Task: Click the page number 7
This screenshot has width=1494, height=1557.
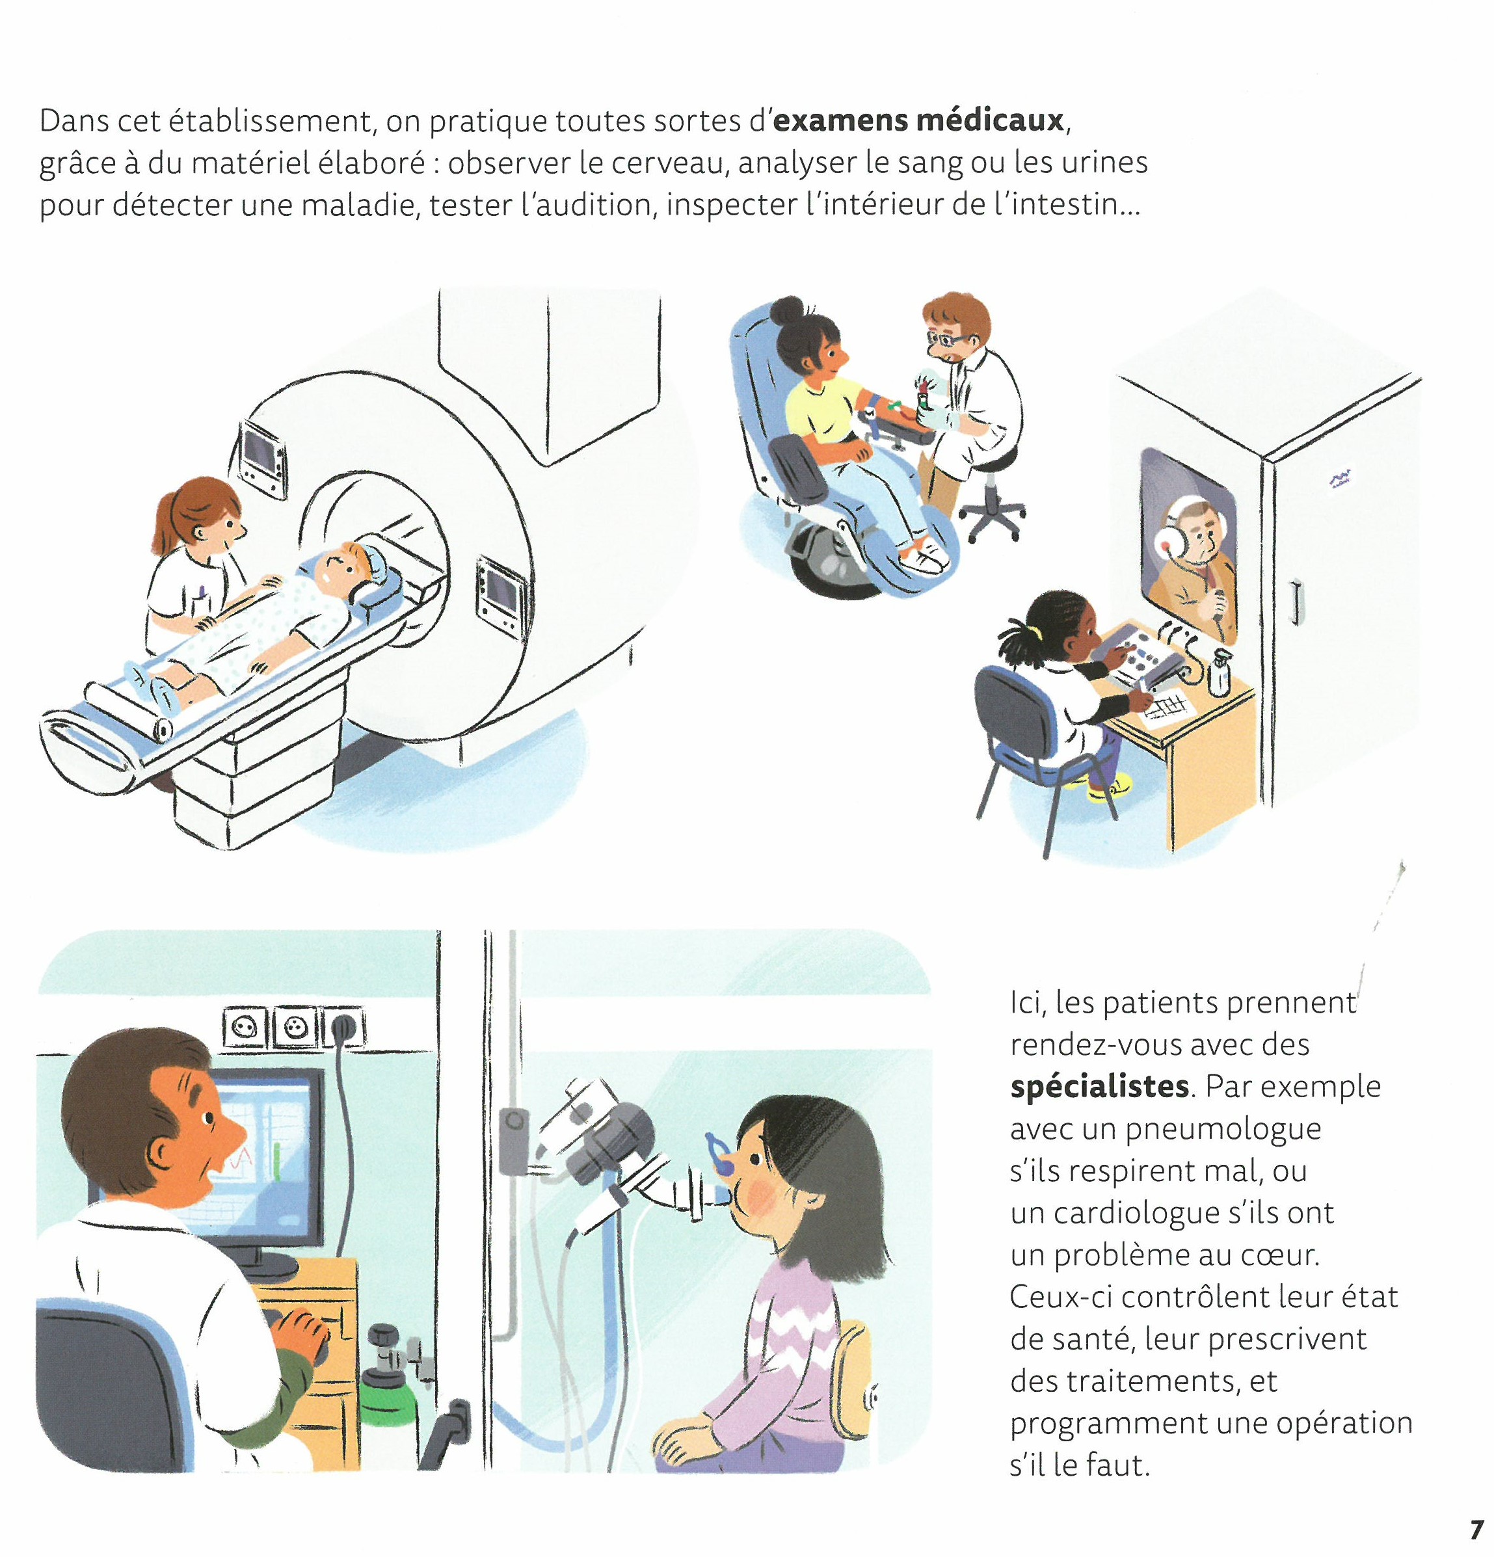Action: [1476, 1529]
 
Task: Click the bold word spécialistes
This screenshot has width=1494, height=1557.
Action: [1099, 1087]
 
